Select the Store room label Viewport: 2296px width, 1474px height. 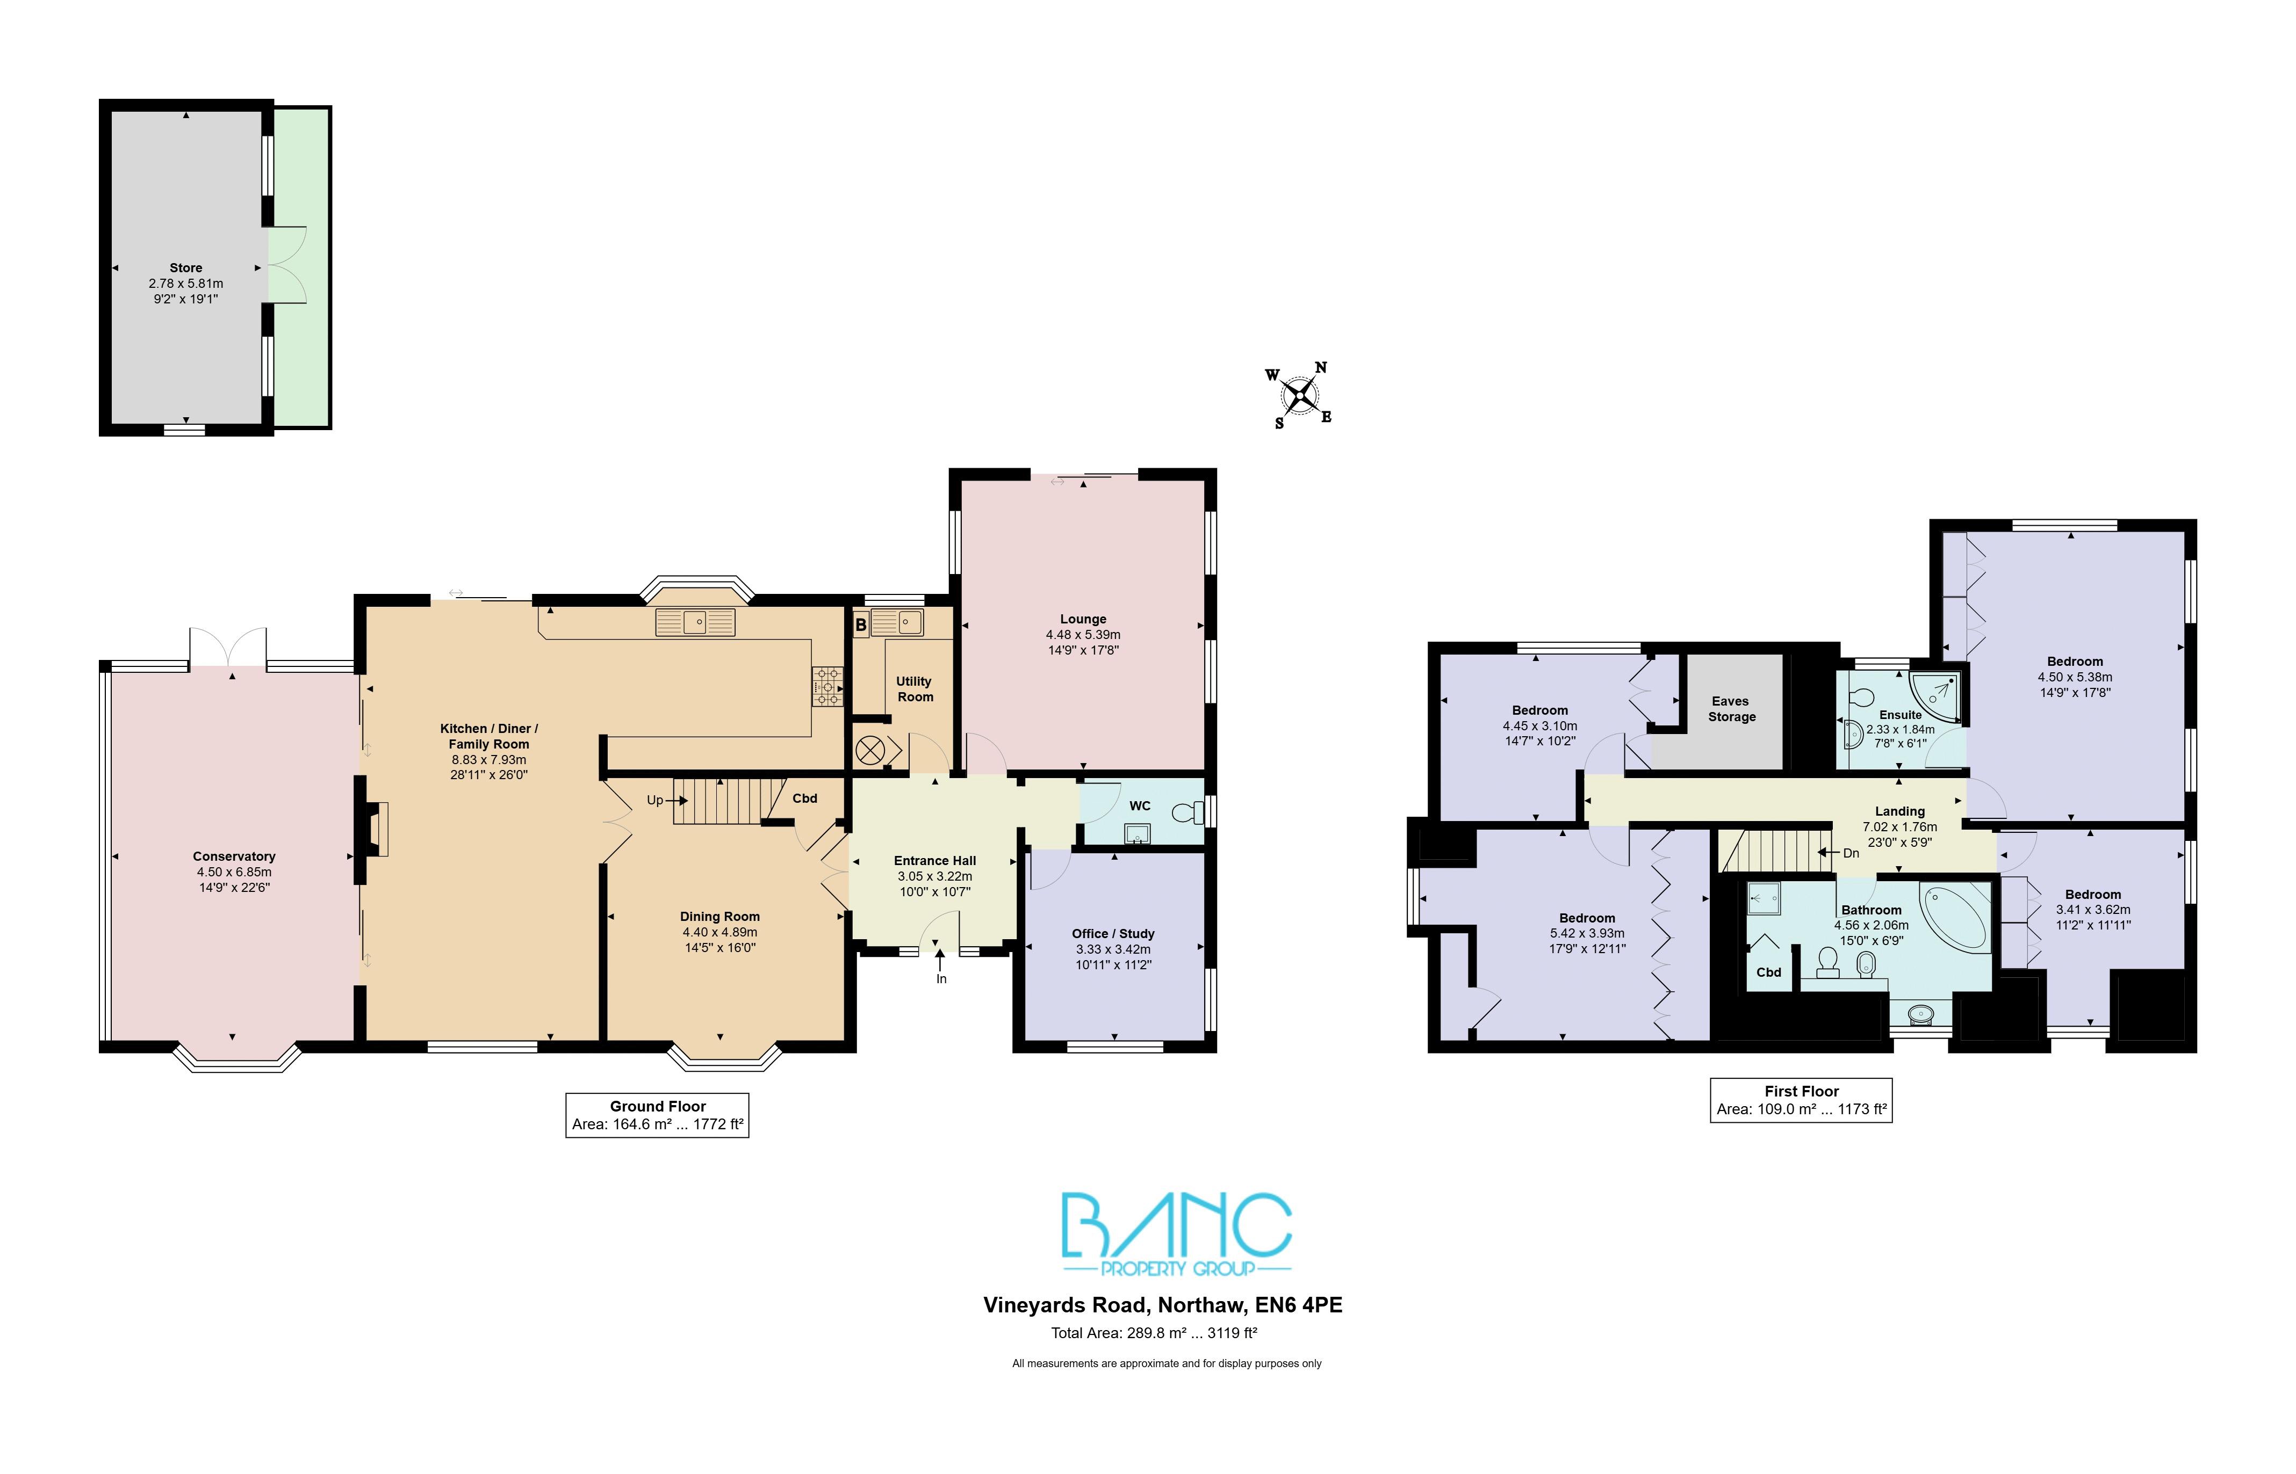click(x=186, y=268)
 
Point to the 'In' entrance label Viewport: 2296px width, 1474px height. click(x=941, y=979)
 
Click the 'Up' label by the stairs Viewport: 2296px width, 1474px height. click(x=655, y=800)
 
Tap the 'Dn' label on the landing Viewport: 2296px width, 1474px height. click(x=1851, y=853)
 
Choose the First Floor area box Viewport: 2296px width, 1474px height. click(x=1801, y=1100)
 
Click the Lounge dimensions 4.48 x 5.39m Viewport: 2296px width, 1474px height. click(x=1083, y=635)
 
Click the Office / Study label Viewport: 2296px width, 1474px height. click(x=1113, y=933)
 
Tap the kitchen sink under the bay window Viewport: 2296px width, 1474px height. click(x=696, y=623)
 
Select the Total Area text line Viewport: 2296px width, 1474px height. click(x=1154, y=1332)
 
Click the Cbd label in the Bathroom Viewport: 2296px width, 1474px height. click(x=1768, y=972)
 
